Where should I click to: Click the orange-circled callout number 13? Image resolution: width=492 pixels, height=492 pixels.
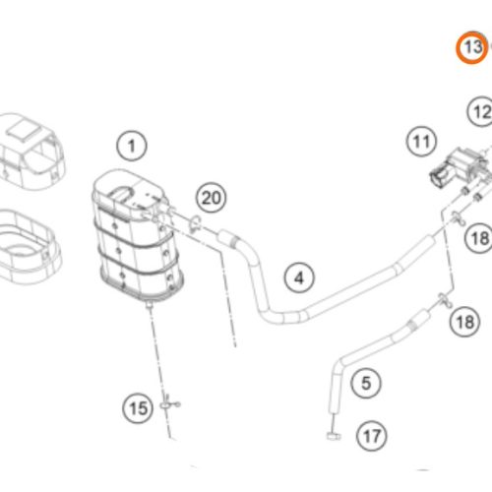pos(472,46)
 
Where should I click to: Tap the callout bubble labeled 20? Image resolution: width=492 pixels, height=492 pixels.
pos(212,198)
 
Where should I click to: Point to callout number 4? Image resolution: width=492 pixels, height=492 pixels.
pos(300,277)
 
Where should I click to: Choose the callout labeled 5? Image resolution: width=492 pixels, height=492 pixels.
pos(365,382)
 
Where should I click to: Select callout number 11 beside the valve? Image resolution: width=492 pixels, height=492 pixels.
pos(422,144)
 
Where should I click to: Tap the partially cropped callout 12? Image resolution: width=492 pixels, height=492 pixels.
pos(479,112)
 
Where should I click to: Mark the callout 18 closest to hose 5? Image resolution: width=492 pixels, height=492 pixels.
pos(464,322)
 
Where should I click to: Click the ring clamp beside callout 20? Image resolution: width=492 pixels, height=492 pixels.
pos(194,221)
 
